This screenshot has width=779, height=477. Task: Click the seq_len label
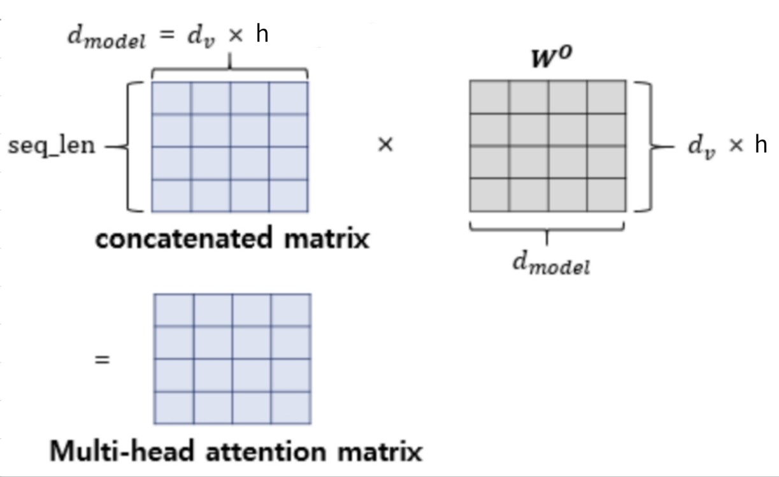pos(52,146)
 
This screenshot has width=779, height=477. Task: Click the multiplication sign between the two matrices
pos(385,145)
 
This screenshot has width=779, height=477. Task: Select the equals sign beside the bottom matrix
pos(102,360)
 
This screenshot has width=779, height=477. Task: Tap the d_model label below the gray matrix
pos(552,262)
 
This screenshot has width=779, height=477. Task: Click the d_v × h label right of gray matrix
pos(727,145)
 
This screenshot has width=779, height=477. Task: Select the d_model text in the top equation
pos(106,36)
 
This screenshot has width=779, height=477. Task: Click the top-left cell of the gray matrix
pos(490,97)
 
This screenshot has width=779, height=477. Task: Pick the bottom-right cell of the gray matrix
pos(606,195)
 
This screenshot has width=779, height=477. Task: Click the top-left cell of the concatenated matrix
pos(171,98)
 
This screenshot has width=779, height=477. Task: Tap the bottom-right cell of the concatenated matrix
pos(289,196)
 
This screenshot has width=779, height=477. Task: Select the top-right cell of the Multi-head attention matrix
pos(291,310)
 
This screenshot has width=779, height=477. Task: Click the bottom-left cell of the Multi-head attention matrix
pos(174,408)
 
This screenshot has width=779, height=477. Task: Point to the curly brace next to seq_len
pos(132,146)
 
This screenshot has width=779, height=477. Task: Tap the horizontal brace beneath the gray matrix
pos(547,228)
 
